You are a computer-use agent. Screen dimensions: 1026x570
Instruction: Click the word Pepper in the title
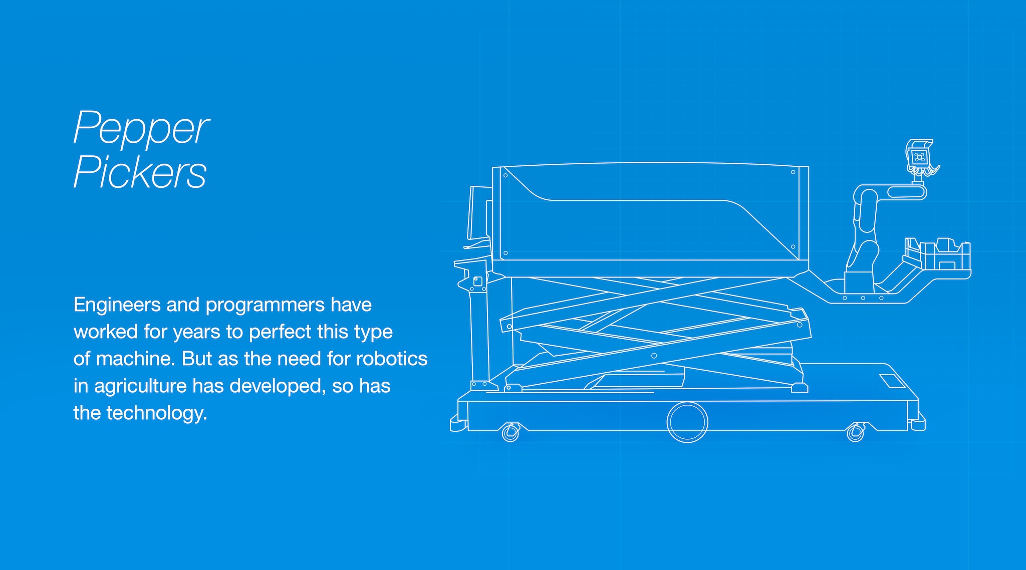click(141, 129)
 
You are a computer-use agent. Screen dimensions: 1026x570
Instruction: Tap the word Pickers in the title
click(140, 172)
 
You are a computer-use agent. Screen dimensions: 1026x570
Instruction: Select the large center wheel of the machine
click(687, 422)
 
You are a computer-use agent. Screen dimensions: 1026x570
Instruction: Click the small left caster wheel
click(510, 432)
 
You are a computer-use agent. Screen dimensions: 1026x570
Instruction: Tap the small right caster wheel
click(855, 432)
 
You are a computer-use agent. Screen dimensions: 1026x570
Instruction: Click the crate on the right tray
click(937, 255)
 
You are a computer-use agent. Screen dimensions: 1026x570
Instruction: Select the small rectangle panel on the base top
click(892, 381)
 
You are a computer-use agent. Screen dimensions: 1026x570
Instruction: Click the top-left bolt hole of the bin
click(505, 175)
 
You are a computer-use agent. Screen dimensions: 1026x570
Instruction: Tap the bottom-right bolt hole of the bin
click(793, 246)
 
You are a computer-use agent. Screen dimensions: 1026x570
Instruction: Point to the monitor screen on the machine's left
click(478, 213)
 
